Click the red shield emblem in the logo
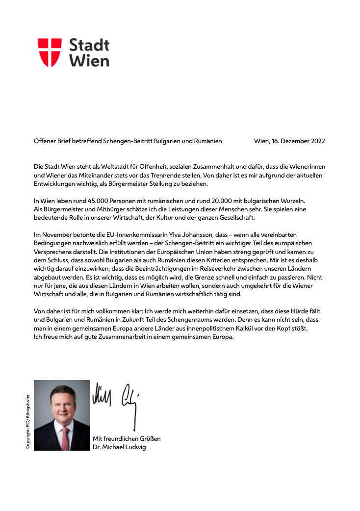[50, 52]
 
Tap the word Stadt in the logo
[89, 45]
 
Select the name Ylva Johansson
[164, 235]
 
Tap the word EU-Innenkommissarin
[111, 235]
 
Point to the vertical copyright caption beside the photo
[28, 421]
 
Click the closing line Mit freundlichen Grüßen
[127, 438]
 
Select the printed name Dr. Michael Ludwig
[120, 447]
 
